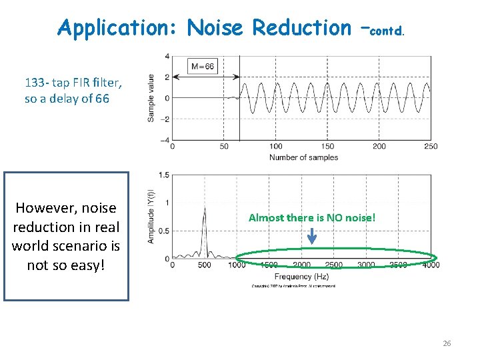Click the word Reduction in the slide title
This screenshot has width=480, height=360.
pyautogui.click(x=301, y=28)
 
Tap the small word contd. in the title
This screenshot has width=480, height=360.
pyautogui.click(x=387, y=31)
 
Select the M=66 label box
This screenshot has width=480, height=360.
pyautogui.click(x=203, y=66)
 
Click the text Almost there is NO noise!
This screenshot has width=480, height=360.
pyautogui.click(x=312, y=217)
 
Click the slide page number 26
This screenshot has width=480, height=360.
pyautogui.click(x=447, y=343)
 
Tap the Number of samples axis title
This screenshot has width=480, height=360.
pyautogui.click(x=303, y=157)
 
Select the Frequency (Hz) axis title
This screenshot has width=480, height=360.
pyautogui.click(x=303, y=275)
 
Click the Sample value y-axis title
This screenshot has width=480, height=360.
pyautogui.click(x=151, y=97)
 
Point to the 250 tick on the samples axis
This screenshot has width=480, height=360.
pyautogui.click(x=430, y=146)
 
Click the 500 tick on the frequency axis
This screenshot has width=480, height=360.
pyautogui.click(x=204, y=265)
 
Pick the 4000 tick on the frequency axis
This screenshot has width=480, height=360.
pyautogui.click(x=430, y=265)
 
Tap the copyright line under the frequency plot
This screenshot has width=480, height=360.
pyautogui.click(x=293, y=285)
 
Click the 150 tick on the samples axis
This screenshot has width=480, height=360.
pyautogui.click(x=327, y=146)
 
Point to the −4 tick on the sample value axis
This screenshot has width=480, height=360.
pyautogui.click(x=165, y=140)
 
